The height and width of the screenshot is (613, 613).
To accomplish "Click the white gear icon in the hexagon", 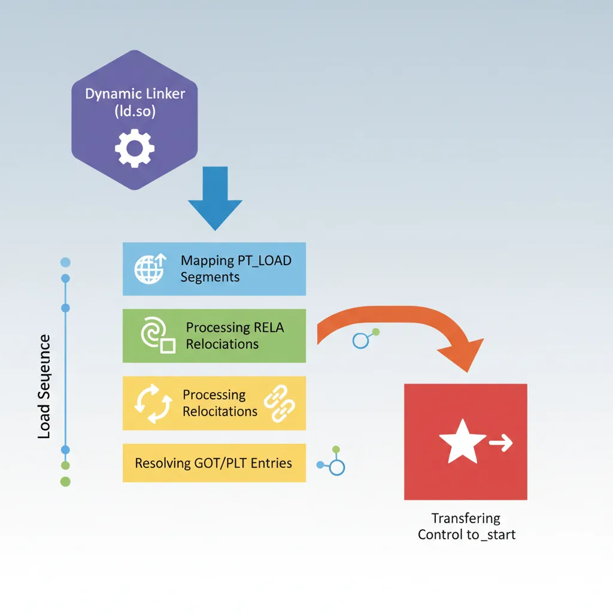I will (135, 148).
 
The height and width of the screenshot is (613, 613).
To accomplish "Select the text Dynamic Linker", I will (135, 94).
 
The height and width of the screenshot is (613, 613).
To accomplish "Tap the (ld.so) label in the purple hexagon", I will (135, 111).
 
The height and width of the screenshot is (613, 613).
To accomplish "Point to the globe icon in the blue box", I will (149, 269).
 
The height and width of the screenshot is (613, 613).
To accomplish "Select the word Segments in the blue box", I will (210, 277).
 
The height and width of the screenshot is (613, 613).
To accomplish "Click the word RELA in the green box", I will (268, 327).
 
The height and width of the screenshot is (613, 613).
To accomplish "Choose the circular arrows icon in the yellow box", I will (149, 402).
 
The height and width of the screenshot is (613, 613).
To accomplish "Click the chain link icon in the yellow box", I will (280, 402).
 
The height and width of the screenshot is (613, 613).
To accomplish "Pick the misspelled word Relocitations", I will (220, 412).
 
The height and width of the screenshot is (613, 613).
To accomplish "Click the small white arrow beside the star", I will (500, 444).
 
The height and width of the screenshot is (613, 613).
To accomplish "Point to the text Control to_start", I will (466, 535).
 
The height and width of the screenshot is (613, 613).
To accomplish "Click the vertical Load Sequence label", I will (44, 387).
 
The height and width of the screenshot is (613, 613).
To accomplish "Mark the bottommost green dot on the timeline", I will (66, 481).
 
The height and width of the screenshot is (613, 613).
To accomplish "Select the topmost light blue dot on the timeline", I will (66, 262).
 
